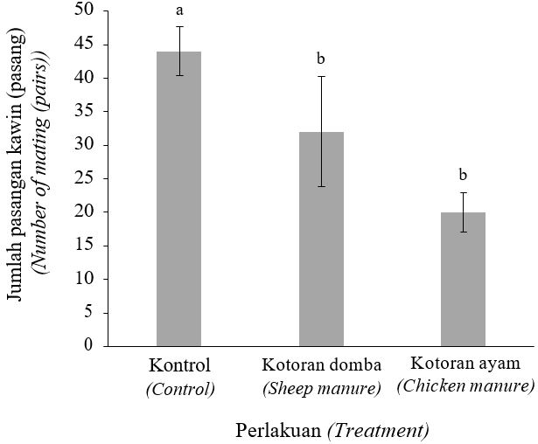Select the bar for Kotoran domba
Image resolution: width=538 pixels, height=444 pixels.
click(x=321, y=239)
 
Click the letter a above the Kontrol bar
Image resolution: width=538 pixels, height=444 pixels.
click(x=179, y=10)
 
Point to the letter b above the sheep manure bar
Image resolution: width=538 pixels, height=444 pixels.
click(x=320, y=59)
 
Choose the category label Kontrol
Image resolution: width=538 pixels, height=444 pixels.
click(x=180, y=364)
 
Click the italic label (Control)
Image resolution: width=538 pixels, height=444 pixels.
click(x=180, y=389)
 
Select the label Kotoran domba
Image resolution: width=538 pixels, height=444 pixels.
click(x=321, y=364)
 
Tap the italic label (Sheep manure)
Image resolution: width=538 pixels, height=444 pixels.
click(x=321, y=388)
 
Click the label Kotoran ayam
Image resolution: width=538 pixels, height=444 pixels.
click(x=464, y=363)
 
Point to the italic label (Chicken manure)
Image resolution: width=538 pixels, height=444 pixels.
click(x=465, y=385)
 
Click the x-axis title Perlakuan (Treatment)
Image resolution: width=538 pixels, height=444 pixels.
click(x=332, y=430)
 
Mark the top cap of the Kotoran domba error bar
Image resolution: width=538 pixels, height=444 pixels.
click(x=321, y=77)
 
